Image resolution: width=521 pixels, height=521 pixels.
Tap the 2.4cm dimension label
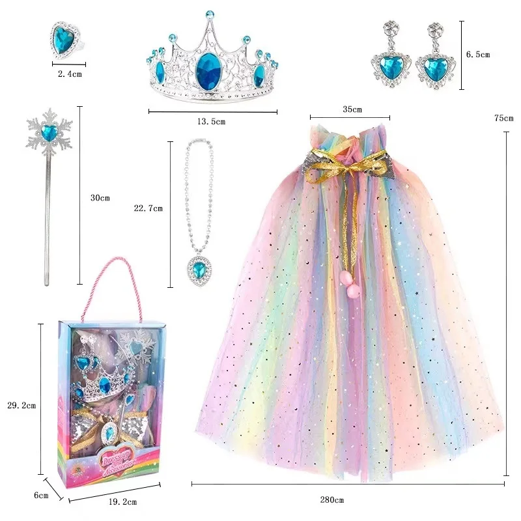70,74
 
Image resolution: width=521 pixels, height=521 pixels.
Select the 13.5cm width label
212,122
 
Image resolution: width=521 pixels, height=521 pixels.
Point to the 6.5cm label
478,55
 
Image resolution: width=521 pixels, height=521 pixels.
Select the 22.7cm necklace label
147,208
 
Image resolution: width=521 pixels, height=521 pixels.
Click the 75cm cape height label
503,118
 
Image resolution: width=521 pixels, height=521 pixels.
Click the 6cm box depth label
42,496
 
